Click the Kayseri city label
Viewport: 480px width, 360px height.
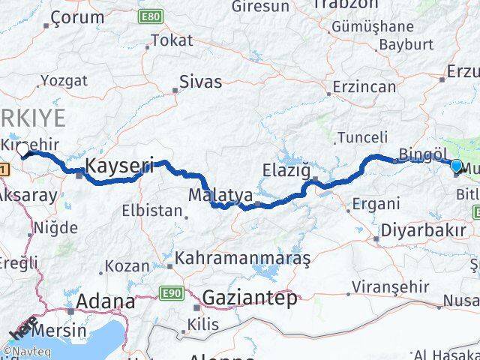pos(119,166)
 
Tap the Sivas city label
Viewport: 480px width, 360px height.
pos(201,81)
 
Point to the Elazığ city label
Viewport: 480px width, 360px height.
pos(286,169)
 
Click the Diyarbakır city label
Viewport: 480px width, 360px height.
pos(424,229)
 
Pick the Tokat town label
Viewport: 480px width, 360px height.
pos(172,40)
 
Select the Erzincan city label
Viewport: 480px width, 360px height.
pos(364,87)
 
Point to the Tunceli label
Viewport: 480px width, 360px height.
pos(362,137)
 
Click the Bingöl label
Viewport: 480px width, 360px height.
pos(423,154)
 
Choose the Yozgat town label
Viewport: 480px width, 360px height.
pos(64,80)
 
